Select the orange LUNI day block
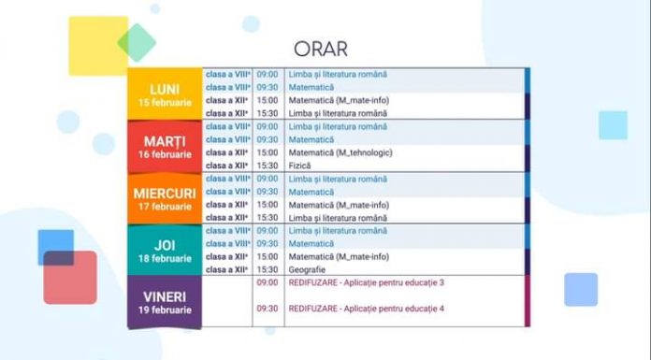[x=165, y=94]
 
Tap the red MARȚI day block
[x=165, y=146]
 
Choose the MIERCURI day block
[x=165, y=198]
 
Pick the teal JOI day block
[x=165, y=250]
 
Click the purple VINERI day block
[x=165, y=301]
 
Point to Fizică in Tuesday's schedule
[x=300, y=166]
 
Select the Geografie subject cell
[x=308, y=269]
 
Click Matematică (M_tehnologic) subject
[x=340, y=152]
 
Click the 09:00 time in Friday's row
[x=268, y=282]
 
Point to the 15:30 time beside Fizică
[x=268, y=166]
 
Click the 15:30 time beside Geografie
[x=268, y=269]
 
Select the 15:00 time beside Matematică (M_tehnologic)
[x=268, y=152]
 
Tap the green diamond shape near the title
[x=137, y=42]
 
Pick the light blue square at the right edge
[x=613, y=124]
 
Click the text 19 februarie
[x=165, y=310]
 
